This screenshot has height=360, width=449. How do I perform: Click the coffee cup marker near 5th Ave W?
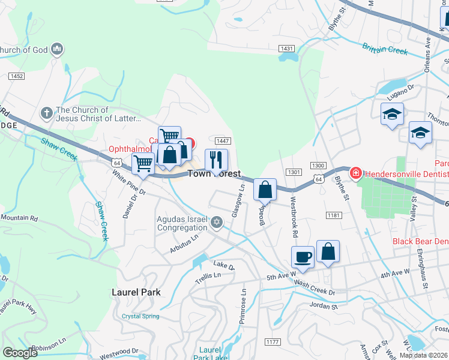(303, 256)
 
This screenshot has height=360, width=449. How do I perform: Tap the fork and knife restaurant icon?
(216, 160)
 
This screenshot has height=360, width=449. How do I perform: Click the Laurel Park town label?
(136, 292)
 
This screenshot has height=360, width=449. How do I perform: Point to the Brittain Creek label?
(385, 48)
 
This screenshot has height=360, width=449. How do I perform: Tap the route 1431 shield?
(286, 48)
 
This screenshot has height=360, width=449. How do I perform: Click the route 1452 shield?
(16, 76)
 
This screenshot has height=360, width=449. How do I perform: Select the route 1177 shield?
(272, 342)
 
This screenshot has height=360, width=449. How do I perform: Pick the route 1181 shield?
(334, 215)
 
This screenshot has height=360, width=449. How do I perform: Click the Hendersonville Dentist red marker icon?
(355, 173)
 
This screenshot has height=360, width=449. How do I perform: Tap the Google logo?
(20, 353)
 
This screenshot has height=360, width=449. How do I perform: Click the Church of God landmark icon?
(58, 49)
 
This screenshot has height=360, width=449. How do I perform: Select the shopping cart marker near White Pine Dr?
(143, 163)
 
